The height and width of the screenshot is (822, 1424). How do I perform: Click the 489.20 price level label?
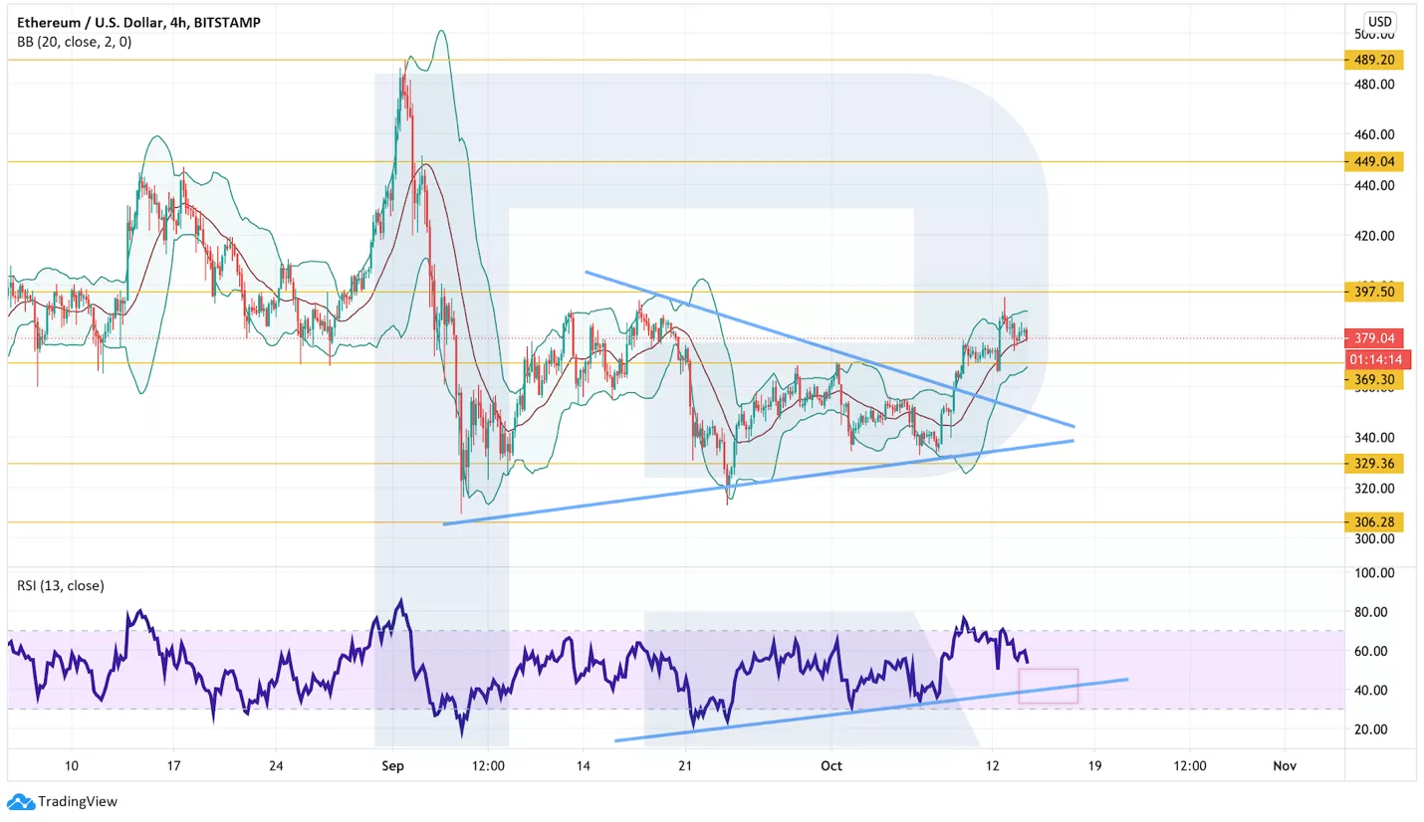click(1373, 60)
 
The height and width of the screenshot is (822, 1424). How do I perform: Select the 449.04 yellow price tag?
click(1373, 161)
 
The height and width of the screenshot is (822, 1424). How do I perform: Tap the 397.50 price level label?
click(1373, 292)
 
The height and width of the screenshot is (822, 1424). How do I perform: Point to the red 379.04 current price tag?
click(1373, 337)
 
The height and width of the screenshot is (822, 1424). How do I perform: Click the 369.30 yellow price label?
click(1373, 380)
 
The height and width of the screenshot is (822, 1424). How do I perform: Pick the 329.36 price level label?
click(1373, 463)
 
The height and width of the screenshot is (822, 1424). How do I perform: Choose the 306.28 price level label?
click(1373, 521)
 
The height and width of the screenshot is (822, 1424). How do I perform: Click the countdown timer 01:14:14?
click(1373, 359)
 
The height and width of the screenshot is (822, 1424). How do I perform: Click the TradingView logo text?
click(77, 801)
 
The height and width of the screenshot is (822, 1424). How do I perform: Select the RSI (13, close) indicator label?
click(61, 585)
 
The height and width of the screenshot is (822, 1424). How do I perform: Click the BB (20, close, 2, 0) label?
click(74, 42)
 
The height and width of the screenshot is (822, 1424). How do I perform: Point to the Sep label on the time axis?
click(392, 765)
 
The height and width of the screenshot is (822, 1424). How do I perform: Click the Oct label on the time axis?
click(831, 765)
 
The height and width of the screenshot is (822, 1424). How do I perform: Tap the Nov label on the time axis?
click(1284, 765)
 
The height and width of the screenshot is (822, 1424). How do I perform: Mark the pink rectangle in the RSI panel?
click(1048, 686)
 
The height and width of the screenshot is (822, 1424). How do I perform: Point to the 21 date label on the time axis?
click(684, 765)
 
